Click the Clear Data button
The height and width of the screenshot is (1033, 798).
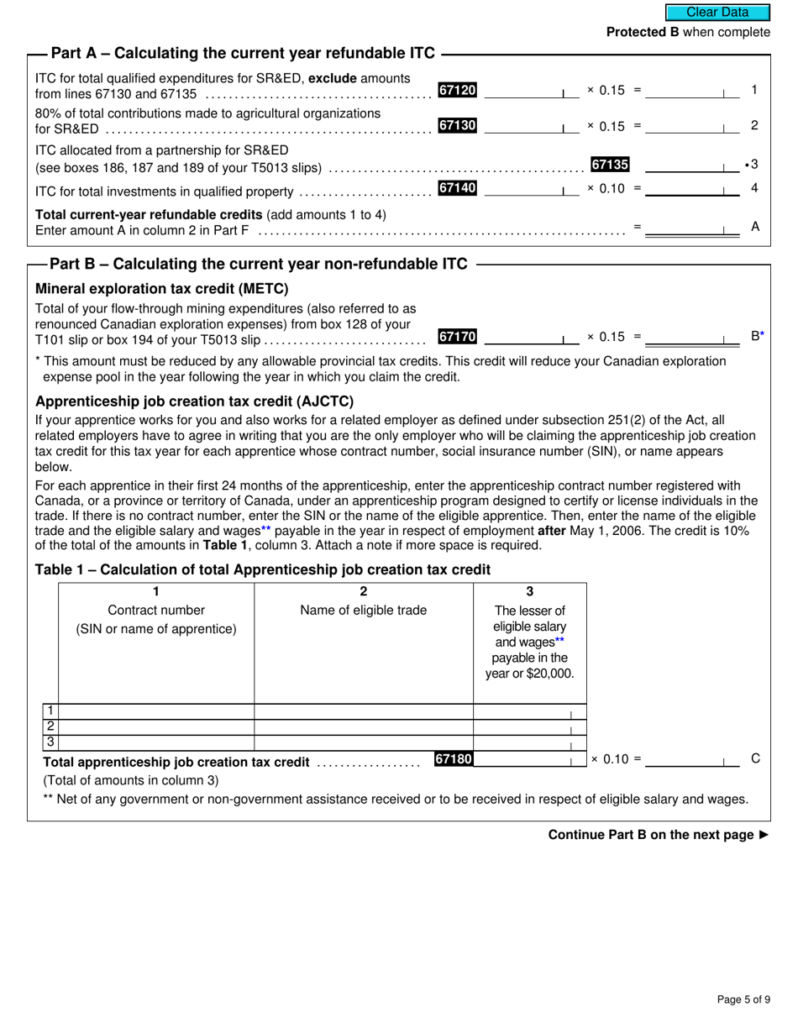[717, 12]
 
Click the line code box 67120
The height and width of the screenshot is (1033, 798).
[458, 90]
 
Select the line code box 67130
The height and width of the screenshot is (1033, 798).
[458, 125]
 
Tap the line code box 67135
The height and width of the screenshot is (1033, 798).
[610, 165]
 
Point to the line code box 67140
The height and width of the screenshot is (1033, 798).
[458, 189]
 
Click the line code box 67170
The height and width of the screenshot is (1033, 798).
[458, 337]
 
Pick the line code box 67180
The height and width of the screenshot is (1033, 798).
[454, 759]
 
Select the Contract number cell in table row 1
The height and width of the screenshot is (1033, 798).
[156, 712]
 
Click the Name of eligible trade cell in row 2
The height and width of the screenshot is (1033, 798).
[364, 727]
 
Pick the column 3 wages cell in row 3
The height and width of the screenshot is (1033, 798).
[529, 743]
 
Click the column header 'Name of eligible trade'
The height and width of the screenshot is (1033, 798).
[364, 611]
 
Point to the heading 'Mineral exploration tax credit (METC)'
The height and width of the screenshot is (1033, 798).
[161, 289]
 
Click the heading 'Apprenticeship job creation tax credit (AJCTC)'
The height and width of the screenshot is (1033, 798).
[194, 401]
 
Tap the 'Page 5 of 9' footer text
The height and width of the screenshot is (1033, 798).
[743, 999]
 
